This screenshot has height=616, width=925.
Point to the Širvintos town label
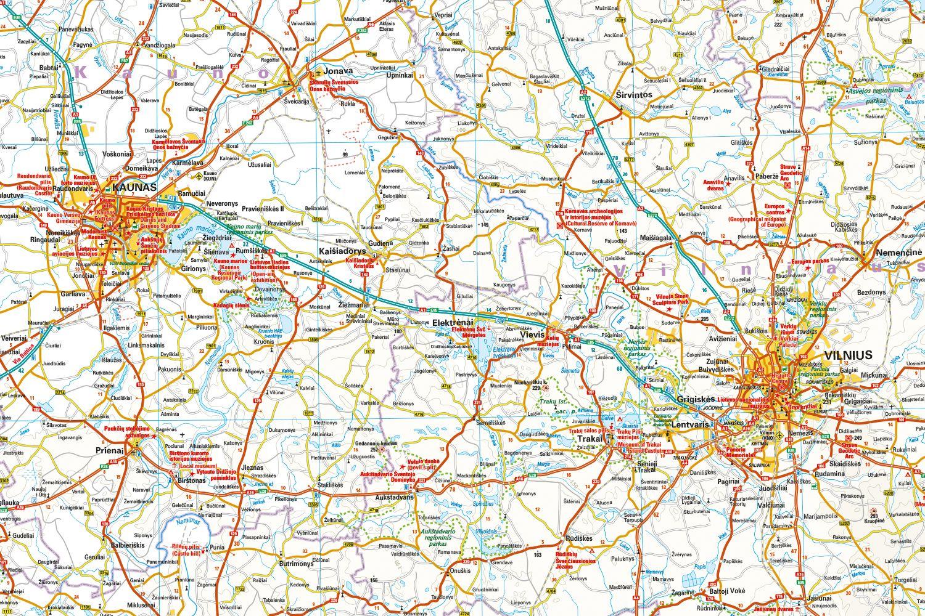tap(634, 95)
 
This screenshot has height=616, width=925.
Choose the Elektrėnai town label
tap(452, 322)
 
